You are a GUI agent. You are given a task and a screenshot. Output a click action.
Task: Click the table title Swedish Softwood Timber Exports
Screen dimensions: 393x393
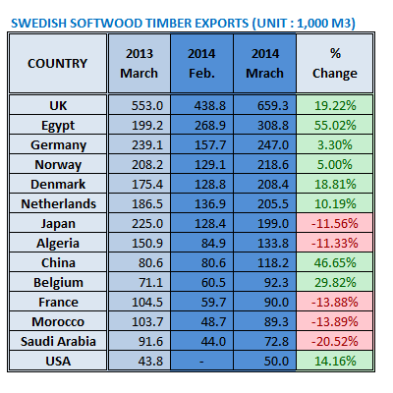coord(183,21)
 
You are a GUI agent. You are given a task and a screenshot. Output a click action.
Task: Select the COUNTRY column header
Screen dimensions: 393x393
coord(57,64)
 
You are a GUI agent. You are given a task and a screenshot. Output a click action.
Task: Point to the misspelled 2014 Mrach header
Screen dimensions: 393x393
coord(262,64)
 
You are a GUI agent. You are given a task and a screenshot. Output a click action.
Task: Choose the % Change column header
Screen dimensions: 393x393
coord(329,64)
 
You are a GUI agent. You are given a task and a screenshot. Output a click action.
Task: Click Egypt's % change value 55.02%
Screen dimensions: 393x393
coord(329,123)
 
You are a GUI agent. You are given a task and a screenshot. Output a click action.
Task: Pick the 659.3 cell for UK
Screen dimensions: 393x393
coord(262,104)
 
